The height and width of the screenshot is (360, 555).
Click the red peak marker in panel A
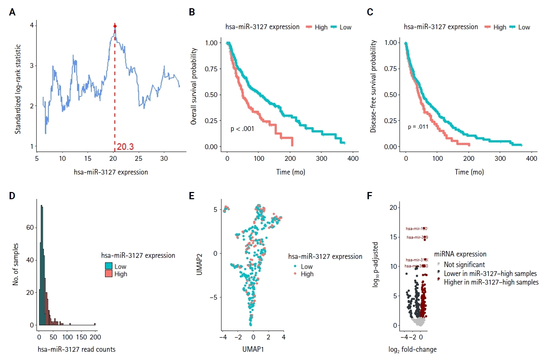pos(115,26)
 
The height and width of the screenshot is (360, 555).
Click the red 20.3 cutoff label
pos(125,147)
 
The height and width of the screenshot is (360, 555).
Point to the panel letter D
pos(12,196)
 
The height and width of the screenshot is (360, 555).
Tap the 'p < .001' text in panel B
pos(242,129)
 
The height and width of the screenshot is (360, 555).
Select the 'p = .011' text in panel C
pos(418,127)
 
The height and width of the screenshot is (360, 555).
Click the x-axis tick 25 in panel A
pos(138,158)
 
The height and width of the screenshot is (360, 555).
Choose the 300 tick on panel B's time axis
pos(321,158)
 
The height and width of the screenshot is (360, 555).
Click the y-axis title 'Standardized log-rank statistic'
pos(18,89)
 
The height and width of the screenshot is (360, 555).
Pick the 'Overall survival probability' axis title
pos(194,86)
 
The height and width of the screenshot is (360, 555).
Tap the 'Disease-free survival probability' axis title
pos(373,86)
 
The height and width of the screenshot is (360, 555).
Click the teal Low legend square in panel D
pos(109,266)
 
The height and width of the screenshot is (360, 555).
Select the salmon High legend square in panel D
pos(109,274)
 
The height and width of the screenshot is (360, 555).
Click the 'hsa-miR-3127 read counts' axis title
pos(76,349)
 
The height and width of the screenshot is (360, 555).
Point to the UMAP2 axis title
pos(199,264)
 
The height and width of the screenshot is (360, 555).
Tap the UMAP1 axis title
pos(253,349)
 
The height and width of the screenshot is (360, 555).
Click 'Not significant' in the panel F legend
pos(464,265)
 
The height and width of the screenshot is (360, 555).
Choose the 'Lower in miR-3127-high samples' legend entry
pos(490,274)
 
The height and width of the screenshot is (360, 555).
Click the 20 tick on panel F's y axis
pos(393,207)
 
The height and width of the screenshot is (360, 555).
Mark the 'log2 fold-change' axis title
pos(412,349)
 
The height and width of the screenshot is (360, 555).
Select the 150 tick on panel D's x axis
pos(82,337)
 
